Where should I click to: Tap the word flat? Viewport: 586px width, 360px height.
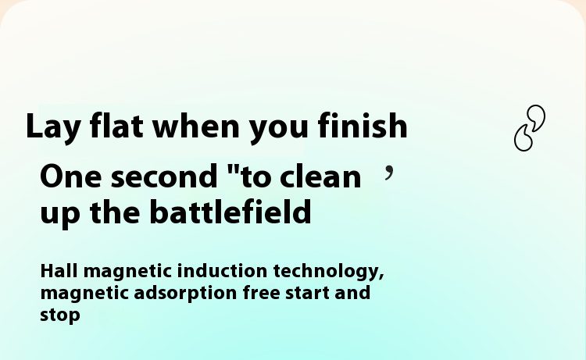(x=116, y=125)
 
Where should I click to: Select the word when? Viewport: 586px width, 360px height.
(x=196, y=125)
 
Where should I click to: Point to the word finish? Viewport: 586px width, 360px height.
(x=363, y=125)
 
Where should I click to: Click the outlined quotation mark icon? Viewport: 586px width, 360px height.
(x=530, y=128)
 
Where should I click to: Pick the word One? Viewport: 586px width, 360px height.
(x=70, y=176)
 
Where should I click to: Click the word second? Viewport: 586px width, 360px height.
(x=164, y=175)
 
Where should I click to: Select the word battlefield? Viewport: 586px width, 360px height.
(x=230, y=212)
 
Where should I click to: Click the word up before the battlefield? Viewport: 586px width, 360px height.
(x=60, y=215)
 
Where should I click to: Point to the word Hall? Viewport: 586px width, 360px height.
(x=59, y=271)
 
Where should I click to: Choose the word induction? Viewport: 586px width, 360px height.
(x=222, y=271)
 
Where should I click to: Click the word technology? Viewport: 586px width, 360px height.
(x=328, y=273)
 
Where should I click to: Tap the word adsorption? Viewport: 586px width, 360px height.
(x=185, y=294)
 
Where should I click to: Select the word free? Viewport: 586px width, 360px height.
(x=262, y=292)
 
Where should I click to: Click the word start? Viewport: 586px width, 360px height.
(x=307, y=293)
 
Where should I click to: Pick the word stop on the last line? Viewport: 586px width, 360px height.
(x=60, y=315)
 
